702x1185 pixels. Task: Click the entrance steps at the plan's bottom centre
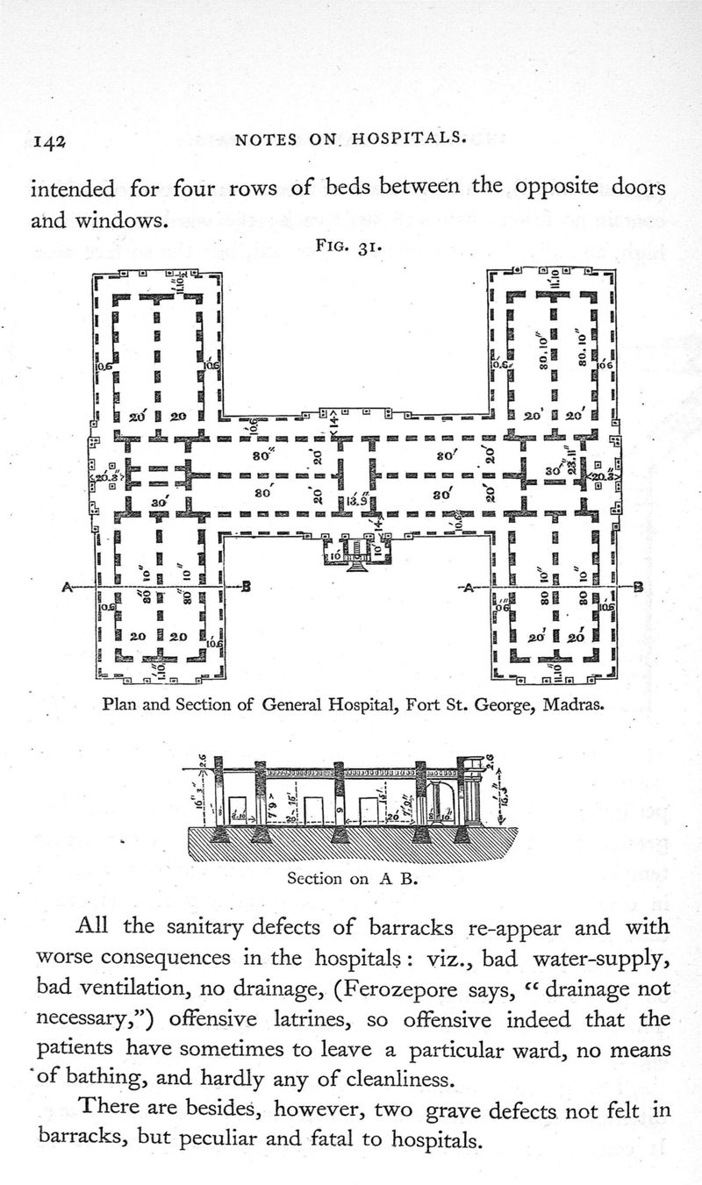click(355, 566)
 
